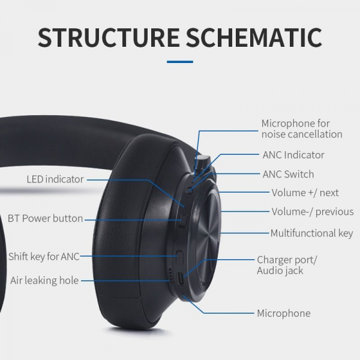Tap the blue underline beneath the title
click(x=179, y=62)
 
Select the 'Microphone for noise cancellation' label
click(x=301, y=129)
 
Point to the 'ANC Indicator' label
click(x=293, y=155)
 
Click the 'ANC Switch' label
click(x=288, y=175)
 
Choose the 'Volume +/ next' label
click(x=305, y=193)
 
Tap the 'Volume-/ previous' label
click(x=312, y=212)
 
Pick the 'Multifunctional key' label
click(x=311, y=233)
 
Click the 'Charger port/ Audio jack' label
click(x=287, y=265)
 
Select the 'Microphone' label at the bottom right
click(x=284, y=313)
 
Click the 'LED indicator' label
click(x=55, y=179)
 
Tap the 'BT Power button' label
click(x=45, y=218)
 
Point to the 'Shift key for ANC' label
click(x=44, y=257)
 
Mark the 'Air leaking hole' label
click(x=44, y=280)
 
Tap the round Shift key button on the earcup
click(x=179, y=256)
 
